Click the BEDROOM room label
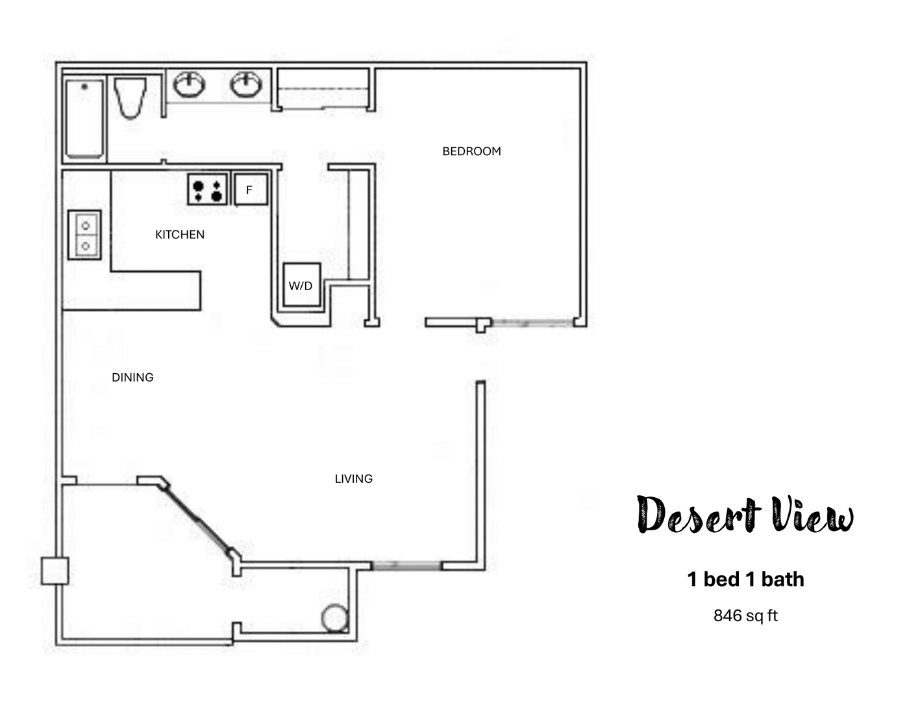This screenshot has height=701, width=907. tap(471, 151)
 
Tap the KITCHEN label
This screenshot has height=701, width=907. tap(180, 234)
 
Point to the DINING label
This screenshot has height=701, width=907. tap(132, 377)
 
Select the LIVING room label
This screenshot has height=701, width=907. tap(353, 479)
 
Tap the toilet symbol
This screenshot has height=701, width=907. tap(130, 97)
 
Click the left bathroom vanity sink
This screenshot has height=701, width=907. tap(189, 84)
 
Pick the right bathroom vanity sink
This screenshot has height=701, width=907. tap(246, 84)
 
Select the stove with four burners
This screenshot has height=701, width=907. tap(208, 189)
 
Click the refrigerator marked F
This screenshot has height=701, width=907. tap(250, 190)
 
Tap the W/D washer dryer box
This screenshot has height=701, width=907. tap(302, 284)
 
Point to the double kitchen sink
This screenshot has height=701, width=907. tap(85, 235)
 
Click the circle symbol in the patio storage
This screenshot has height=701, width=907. tap(335, 618)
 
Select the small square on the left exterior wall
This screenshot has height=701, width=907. tap(55, 571)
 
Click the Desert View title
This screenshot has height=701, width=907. tap(745, 515)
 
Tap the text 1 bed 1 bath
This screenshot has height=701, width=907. tap(745, 579)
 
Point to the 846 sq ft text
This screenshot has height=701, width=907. tap(745, 615)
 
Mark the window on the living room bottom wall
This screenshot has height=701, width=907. tap(406, 566)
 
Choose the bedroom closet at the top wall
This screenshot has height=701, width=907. tap(323, 90)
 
